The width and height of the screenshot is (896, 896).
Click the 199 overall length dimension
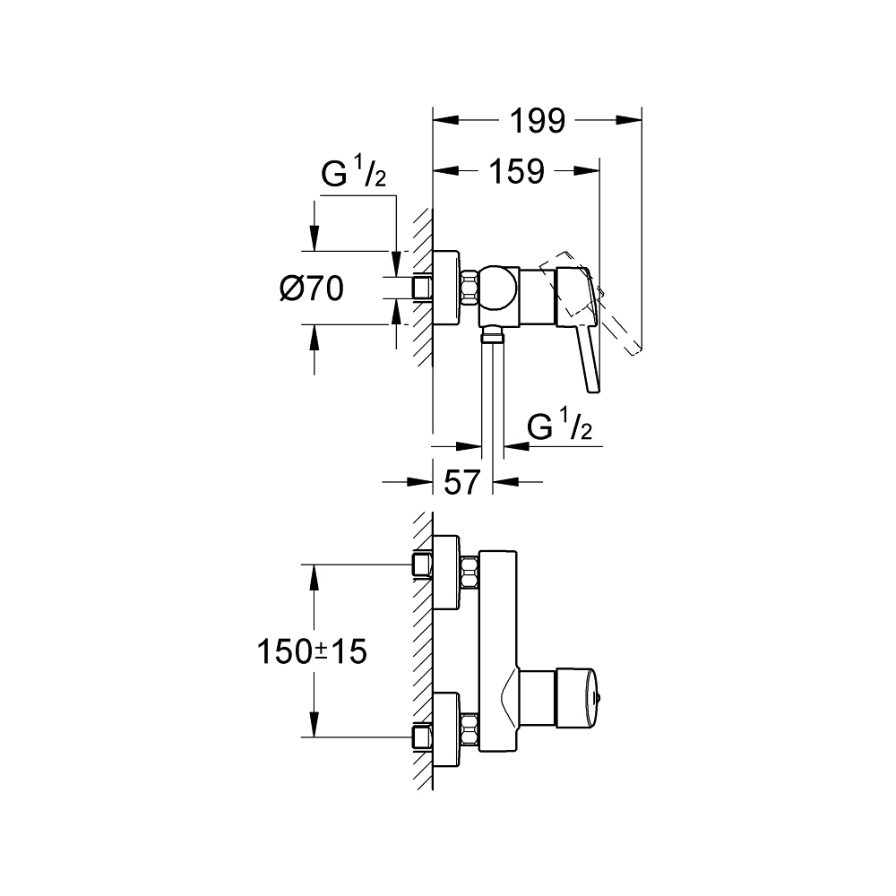tap(538, 120)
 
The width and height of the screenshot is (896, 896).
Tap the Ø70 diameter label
tap(311, 289)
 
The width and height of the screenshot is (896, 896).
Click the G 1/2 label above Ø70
tap(354, 175)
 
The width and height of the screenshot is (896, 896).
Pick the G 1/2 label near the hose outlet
tap(560, 429)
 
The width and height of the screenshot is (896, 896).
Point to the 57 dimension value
tap(463, 483)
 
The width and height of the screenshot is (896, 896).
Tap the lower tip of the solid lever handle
tap(591, 387)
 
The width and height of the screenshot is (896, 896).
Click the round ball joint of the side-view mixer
tap(499, 288)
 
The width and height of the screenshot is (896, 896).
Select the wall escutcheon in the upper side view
tap(446, 288)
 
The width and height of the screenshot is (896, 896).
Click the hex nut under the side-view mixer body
tap(491, 336)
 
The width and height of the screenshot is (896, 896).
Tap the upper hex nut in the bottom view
tap(469, 573)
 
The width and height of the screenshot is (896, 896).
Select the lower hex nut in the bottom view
tap(469, 727)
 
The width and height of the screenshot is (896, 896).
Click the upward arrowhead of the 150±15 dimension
tap(314, 573)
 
